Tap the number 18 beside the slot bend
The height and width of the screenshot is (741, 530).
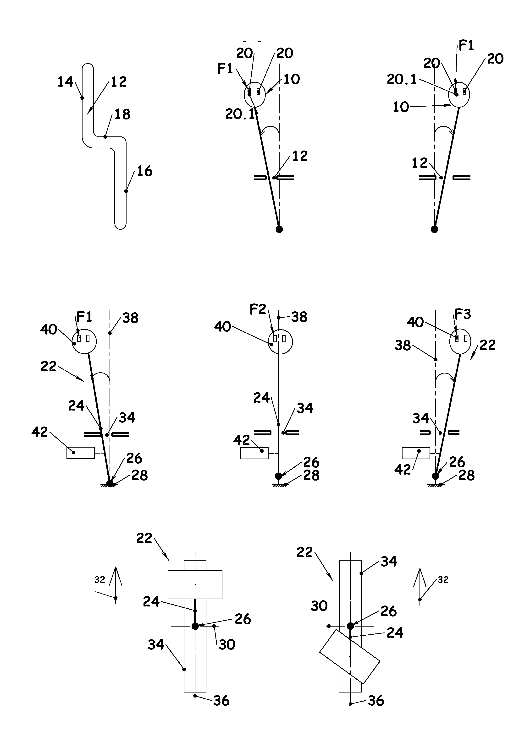point(122,114)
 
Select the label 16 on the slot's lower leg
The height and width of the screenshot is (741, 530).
point(144,171)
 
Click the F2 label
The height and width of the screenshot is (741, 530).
point(258,309)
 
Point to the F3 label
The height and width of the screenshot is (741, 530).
point(463,314)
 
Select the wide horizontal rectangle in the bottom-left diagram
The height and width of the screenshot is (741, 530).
point(195,584)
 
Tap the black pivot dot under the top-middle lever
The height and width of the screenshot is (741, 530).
point(279,229)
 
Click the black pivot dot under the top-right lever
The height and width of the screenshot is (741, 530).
point(434,229)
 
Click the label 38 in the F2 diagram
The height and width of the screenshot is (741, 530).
point(299,317)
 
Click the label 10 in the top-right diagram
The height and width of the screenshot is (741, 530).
point(401,107)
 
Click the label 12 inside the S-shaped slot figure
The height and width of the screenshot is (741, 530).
point(118,81)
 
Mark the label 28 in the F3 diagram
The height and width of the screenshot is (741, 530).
point(466,475)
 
